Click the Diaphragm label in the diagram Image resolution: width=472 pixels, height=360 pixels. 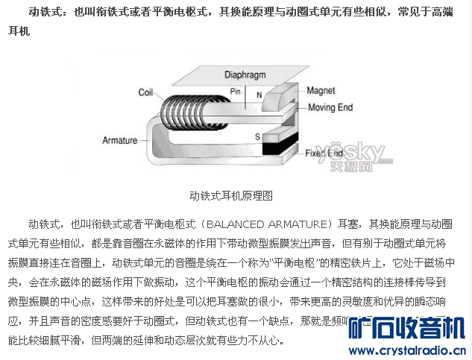pyautogui.click(x=245, y=75)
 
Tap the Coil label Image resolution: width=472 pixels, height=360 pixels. pyautogui.click(x=146, y=92)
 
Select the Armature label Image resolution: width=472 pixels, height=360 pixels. pyautogui.click(x=119, y=140)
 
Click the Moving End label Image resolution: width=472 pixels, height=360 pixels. pyautogui.click(x=330, y=107)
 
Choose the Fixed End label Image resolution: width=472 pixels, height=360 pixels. pyautogui.click(x=329, y=153)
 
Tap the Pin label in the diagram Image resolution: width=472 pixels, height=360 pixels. pyautogui.click(x=236, y=91)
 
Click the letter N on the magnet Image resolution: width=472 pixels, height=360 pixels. pyautogui.click(x=259, y=95)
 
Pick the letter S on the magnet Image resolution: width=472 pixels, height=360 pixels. pyautogui.click(x=257, y=137)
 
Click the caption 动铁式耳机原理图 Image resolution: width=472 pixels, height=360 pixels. pyautogui.click(x=231, y=196)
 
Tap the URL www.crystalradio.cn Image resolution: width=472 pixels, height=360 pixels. pyautogui.click(x=410, y=350)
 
